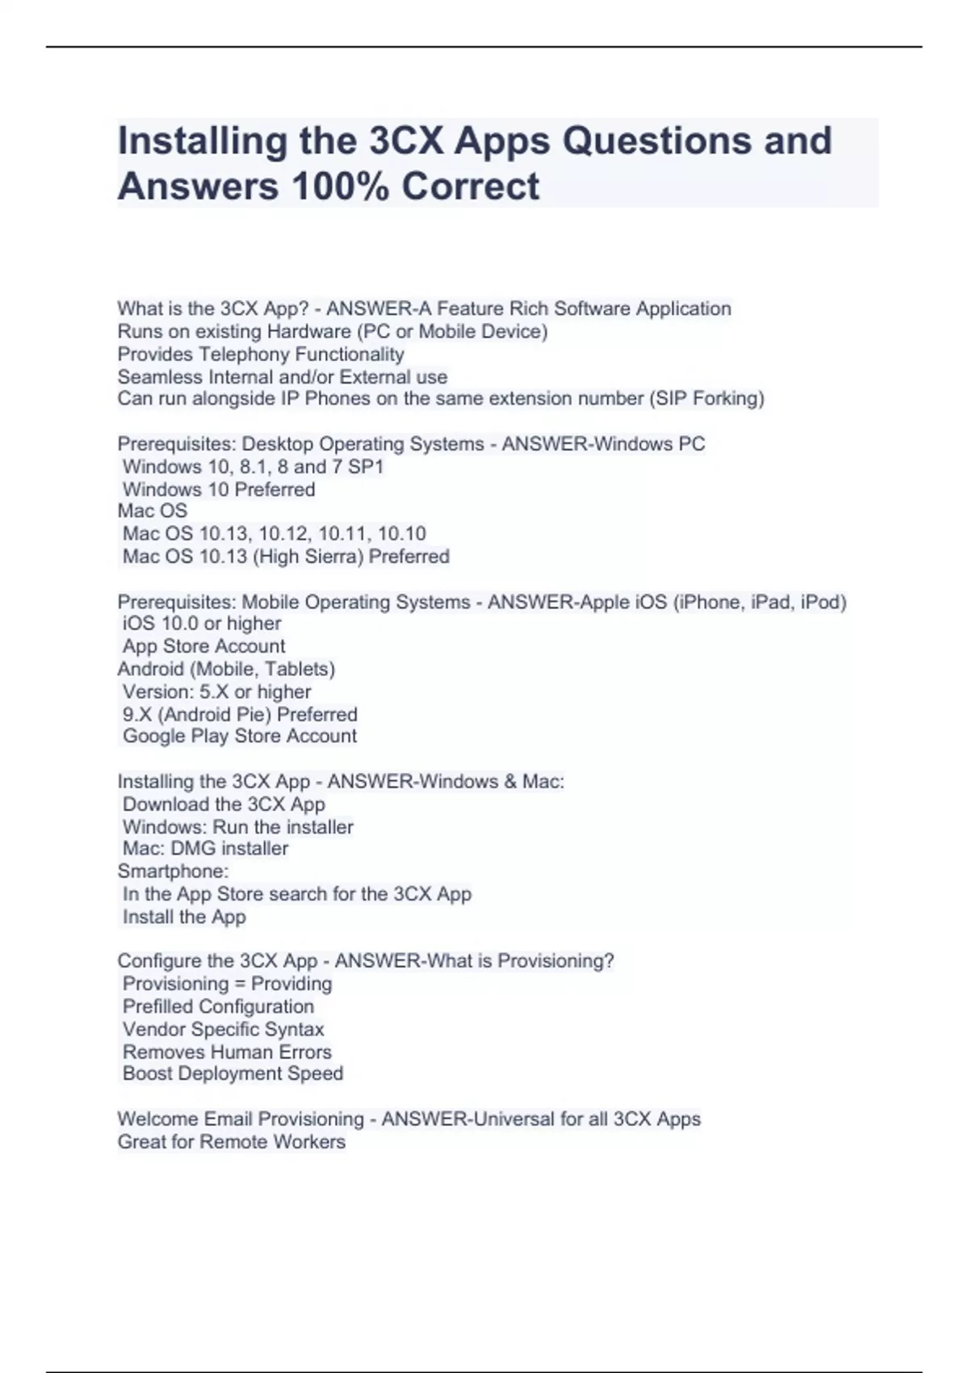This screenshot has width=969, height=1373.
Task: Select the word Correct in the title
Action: tap(471, 187)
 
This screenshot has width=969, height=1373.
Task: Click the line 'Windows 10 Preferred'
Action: tap(219, 489)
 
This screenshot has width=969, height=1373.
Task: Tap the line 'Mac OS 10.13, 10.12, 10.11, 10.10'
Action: tap(274, 534)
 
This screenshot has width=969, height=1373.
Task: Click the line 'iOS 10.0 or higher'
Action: tap(202, 624)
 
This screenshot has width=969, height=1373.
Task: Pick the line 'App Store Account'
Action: tap(203, 646)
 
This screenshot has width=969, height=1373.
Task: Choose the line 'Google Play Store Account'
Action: tap(239, 736)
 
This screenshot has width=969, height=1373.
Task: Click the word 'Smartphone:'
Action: tap(173, 871)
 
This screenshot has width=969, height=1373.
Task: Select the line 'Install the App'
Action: tap(184, 917)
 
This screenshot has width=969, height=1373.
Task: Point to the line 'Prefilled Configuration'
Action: tap(218, 1006)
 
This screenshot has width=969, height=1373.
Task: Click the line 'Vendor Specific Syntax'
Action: tap(223, 1029)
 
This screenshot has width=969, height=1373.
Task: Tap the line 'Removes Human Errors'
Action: tap(227, 1052)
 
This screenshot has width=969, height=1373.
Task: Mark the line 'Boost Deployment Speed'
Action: tap(233, 1073)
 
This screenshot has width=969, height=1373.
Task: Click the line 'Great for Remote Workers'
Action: tap(231, 1142)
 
